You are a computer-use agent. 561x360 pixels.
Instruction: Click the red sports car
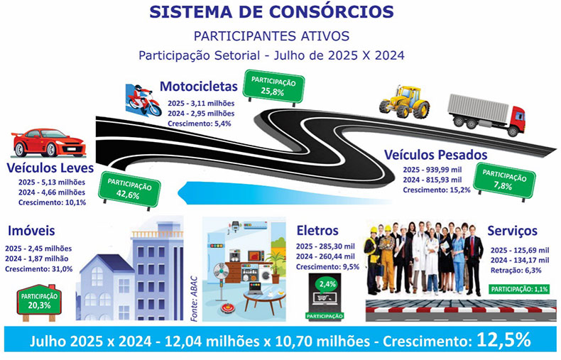pos(49,143)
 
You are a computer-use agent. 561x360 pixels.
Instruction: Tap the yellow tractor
pos(404,102)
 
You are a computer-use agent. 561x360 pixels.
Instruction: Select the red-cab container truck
pos(486,114)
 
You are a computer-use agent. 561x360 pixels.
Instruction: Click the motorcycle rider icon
pos(143,99)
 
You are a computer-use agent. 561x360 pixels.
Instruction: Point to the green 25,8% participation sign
pos(273,87)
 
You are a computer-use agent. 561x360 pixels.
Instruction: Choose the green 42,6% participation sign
pos(130,190)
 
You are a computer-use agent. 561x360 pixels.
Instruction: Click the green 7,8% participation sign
pos(504,181)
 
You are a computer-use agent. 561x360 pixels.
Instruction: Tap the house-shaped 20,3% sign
pos(39,300)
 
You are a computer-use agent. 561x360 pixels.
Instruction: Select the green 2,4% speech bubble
pos(327,285)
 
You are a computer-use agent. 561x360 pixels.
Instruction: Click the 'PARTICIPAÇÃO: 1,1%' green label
pos(520,289)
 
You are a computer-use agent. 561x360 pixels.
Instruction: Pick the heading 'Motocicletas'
pos(199,86)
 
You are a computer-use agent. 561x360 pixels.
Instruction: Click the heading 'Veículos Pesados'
pos(436,155)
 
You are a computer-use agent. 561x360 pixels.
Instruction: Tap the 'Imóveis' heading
pos(31,231)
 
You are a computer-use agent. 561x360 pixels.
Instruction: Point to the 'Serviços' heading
pos(512,231)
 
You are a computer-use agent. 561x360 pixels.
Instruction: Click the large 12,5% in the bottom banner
pos(503,340)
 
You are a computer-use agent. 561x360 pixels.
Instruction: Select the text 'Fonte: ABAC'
pos(194,299)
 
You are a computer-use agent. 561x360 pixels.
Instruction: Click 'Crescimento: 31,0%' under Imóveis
pos(38,269)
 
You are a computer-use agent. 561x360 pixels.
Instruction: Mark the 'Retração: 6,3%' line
pos(516,271)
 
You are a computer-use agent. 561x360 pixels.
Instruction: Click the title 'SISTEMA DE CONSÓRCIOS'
pos(271,12)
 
